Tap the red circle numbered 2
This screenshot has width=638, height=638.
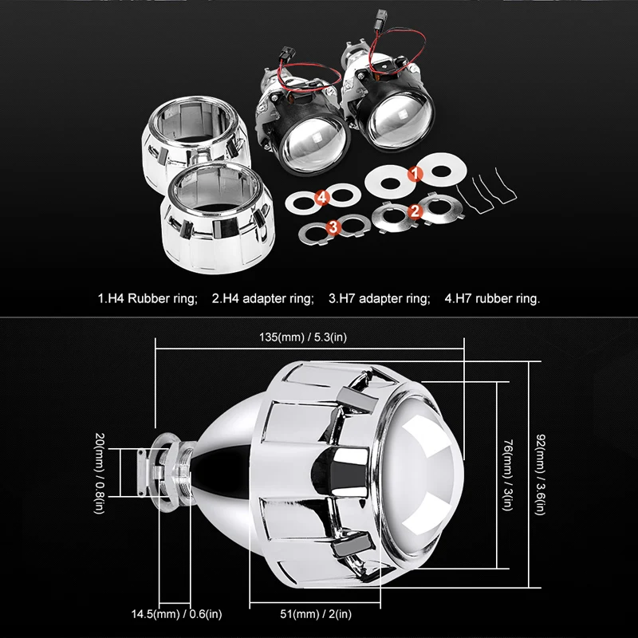click(414, 211)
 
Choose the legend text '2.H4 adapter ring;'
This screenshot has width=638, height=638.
click(262, 299)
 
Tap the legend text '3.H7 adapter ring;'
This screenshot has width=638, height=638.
click(380, 299)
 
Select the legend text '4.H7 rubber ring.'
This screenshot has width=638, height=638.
click(492, 299)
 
